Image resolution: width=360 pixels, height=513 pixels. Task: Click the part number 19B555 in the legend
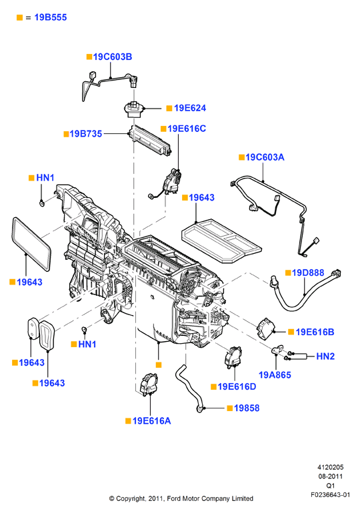(51, 17)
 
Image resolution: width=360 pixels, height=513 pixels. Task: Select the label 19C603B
(113, 57)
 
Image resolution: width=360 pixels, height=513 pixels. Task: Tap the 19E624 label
(190, 108)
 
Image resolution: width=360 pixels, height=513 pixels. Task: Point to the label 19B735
(86, 133)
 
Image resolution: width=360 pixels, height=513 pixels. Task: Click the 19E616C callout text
(187, 129)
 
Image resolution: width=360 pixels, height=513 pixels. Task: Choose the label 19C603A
(265, 157)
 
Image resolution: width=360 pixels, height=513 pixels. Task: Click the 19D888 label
(307, 272)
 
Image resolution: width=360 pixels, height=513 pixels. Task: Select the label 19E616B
(315, 332)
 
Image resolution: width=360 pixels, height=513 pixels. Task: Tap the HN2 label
(325, 356)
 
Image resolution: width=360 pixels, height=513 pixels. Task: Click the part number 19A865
(275, 375)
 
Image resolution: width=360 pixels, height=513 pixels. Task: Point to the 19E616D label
(237, 386)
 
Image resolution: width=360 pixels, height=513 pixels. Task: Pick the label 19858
(247, 408)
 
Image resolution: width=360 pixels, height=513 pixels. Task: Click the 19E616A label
(151, 421)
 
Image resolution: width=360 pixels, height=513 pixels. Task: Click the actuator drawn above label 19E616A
(149, 384)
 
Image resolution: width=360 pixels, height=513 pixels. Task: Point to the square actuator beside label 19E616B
(266, 330)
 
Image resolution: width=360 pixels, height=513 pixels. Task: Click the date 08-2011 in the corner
(331, 476)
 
